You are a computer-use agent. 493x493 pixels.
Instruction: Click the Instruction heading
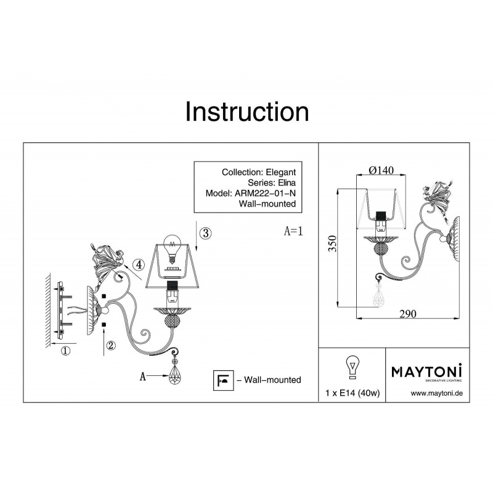tap(247, 112)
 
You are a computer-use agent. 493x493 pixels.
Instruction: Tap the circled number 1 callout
tap(65, 351)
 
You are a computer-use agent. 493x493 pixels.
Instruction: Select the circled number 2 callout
tap(111, 346)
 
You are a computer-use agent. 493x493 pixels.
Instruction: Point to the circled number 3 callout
tap(206, 233)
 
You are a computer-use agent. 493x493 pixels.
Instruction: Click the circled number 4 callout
tap(138, 264)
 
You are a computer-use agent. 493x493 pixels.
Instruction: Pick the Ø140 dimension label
tap(381, 171)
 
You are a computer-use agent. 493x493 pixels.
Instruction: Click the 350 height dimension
tap(332, 243)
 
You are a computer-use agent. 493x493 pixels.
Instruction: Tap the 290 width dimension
tap(408, 314)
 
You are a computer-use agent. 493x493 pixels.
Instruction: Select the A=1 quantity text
tap(293, 231)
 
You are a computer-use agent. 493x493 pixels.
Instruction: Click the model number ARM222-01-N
tap(266, 193)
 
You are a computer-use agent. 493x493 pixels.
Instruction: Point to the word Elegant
tap(281, 173)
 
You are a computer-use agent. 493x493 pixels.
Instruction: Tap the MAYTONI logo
tap(426, 372)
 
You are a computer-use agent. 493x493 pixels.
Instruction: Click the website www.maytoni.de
tap(437, 393)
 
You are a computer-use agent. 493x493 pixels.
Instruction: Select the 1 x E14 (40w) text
tap(352, 393)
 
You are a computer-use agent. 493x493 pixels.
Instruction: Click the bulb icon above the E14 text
tap(352, 367)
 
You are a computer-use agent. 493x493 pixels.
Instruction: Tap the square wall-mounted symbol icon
tap(223, 380)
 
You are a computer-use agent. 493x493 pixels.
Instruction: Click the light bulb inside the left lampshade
tap(172, 248)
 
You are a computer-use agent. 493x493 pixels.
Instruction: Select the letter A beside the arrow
tap(143, 376)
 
